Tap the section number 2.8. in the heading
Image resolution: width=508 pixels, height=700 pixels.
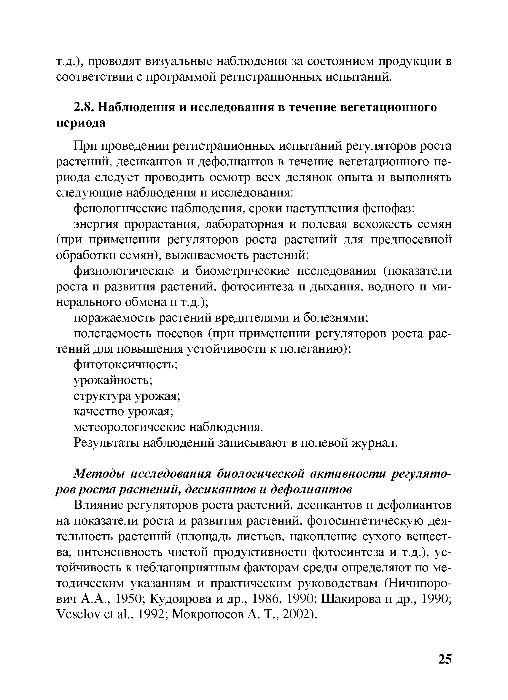[x=84, y=107]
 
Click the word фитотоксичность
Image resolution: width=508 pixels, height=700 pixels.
[x=125, y=365]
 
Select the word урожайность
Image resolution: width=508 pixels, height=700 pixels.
[x=113, y=380]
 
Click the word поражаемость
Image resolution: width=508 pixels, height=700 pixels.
[x=114, y=318]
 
